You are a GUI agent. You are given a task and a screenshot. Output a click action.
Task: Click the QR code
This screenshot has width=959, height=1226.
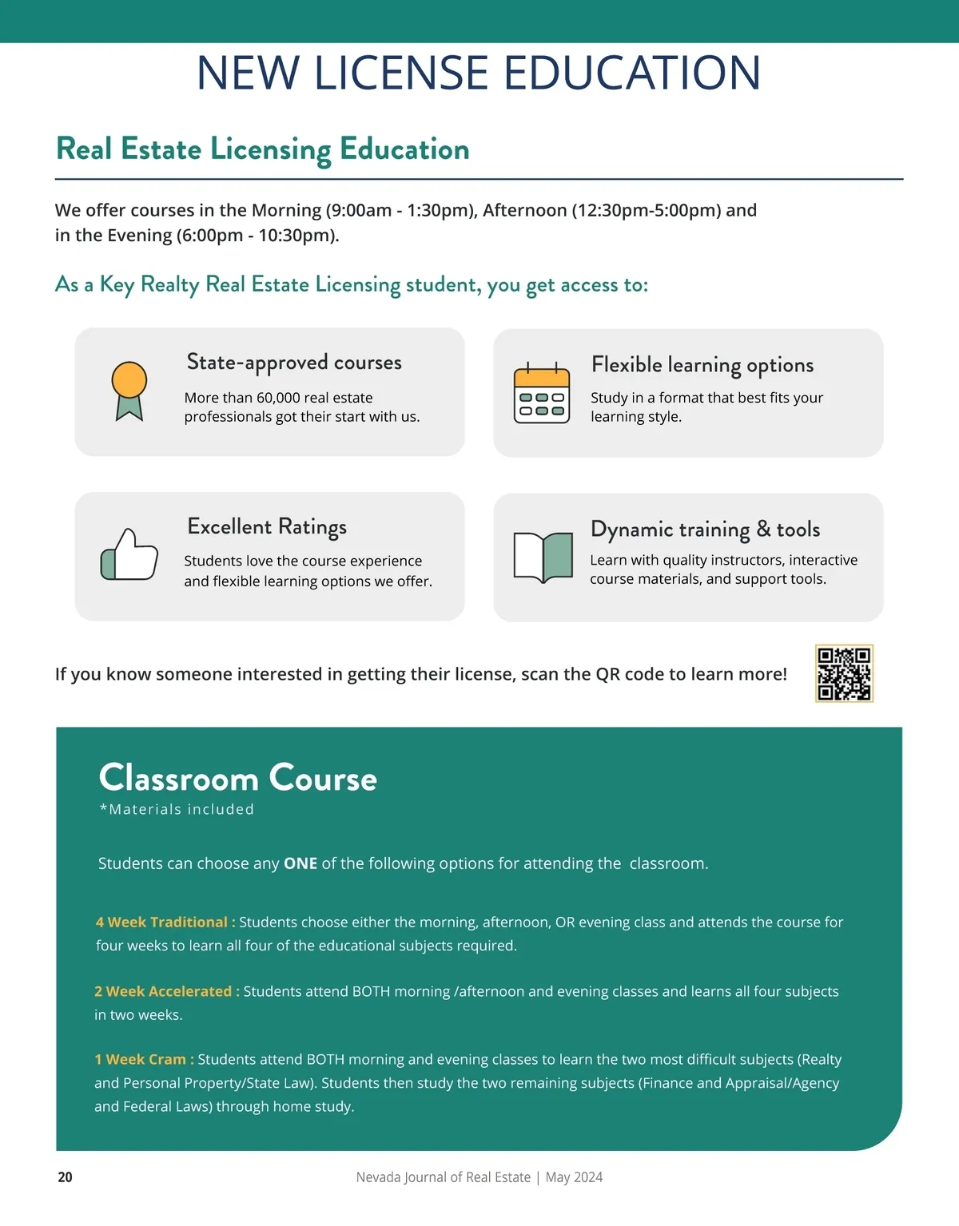coord(844,673)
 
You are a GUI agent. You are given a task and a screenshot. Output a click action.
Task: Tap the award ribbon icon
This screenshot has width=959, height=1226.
coord(129,390)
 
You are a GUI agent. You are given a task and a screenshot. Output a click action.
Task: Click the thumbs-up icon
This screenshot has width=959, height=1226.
coord(129,554)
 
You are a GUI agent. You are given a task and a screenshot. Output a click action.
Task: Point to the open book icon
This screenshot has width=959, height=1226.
coord(543,556)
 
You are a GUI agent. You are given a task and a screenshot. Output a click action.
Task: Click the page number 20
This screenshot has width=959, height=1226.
coord(65,1176)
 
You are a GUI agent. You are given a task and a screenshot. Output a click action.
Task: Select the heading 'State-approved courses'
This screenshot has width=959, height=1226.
coord(294,363)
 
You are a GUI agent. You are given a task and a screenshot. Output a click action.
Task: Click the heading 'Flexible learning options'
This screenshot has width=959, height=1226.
coord(702,365)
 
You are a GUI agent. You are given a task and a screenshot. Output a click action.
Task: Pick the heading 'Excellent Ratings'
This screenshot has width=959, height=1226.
coord(267,526)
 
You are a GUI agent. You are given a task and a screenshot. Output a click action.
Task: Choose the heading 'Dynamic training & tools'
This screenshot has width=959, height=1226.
coord(705,529)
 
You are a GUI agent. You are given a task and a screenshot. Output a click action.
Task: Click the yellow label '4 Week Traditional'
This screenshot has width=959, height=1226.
coord(162,922)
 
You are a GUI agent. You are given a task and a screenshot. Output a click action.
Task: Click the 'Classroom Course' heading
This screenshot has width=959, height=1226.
coord(237,778)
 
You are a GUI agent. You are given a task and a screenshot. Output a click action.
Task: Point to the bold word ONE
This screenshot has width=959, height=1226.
coord(300,863)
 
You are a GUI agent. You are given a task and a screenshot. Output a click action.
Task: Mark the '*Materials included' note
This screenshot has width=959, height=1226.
coord(177,809)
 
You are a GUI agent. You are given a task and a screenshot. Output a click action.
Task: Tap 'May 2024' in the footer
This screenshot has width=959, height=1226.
coord(574,1176)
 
